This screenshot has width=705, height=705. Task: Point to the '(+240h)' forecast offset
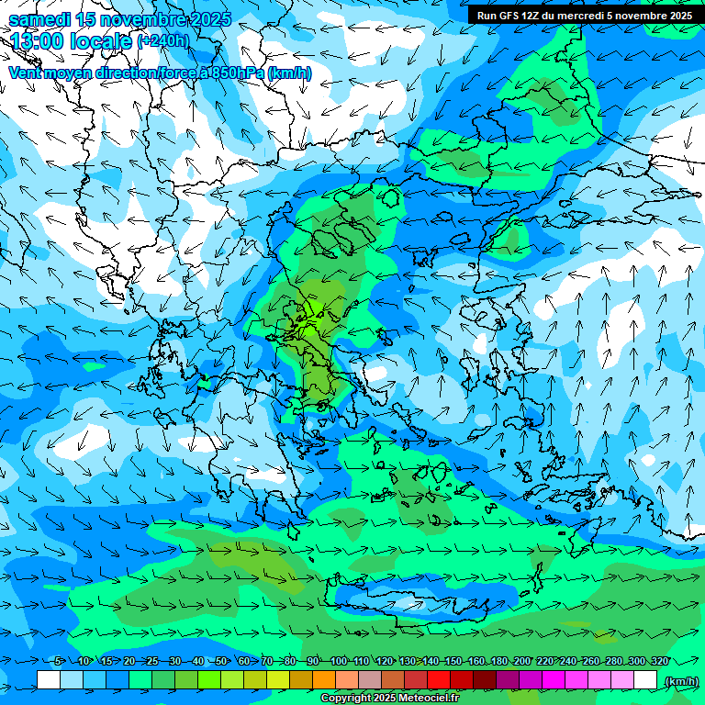[162, 40]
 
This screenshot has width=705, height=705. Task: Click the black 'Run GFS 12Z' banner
[585, 16]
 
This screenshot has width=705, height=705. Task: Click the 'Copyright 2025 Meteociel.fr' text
[389, 699]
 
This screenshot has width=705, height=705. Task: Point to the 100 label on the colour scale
[338, 661]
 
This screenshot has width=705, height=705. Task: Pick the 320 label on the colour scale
[659, 661]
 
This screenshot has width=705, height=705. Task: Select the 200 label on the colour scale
[521, 661]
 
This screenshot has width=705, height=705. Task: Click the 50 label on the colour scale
[221, 661]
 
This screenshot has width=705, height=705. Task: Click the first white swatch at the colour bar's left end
[49, 680]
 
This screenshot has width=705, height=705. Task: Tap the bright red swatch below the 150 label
[439, 680]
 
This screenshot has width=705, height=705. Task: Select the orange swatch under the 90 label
[324, 680]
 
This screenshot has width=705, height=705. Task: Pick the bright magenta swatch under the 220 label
[554, 680]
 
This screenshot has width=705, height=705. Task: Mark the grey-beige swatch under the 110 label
[370, 680]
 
